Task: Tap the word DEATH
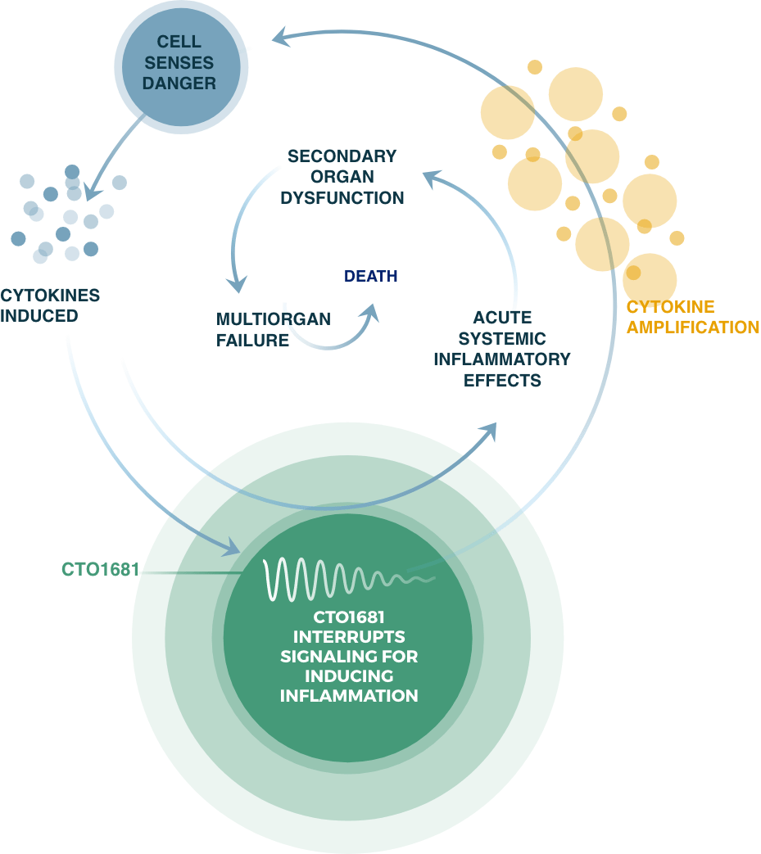(370, 276)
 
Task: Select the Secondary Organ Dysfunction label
(342, 176)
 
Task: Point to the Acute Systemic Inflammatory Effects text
(501, 348)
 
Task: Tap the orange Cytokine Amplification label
(692, 317)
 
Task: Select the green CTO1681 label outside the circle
(101, 569)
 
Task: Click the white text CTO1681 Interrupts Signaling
(349, 656)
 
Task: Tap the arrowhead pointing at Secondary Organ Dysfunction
(433, 174)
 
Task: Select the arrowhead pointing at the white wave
(231, 547)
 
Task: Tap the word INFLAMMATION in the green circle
(349, 696)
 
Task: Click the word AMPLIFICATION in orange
(692, 327)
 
